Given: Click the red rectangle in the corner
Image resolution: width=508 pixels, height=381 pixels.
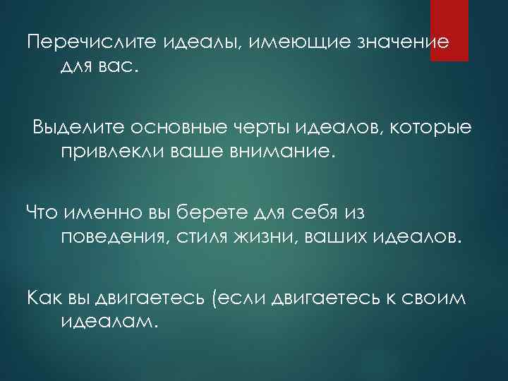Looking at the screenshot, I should click(449, 30).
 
